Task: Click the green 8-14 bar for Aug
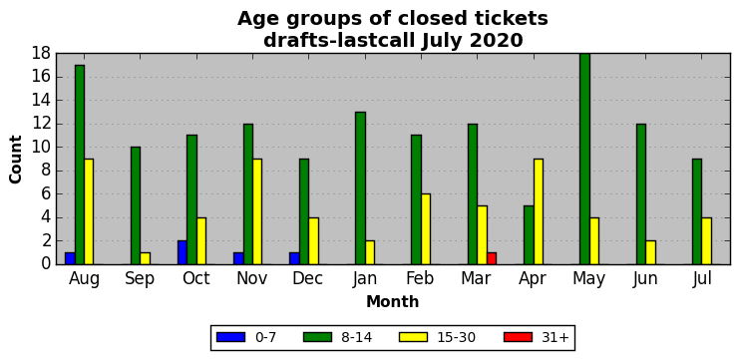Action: pos(80,165)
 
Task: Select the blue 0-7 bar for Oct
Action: pos(183,252)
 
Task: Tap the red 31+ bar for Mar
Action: pos(492,258)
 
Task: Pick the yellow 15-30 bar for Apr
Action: pos(539,211)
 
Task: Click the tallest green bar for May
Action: pos(584,159)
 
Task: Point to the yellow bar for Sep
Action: pos(146,258)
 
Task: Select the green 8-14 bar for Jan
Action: pos(360,188)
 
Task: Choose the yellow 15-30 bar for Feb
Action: pos(426,229)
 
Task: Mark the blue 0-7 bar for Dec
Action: pos(294,258)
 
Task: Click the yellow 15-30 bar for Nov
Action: pos(257,211)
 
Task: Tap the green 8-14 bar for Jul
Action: pos(697,211)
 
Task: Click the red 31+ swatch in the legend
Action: pos(518,337)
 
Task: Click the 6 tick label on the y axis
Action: pos(46,194)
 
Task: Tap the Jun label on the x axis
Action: pos(645,279)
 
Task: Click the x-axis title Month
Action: pos(393,301)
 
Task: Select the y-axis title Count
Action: pos(16,160)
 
